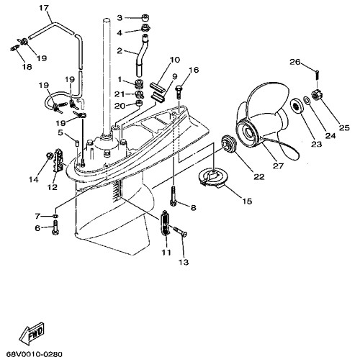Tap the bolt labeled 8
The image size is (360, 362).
[175, 193]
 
